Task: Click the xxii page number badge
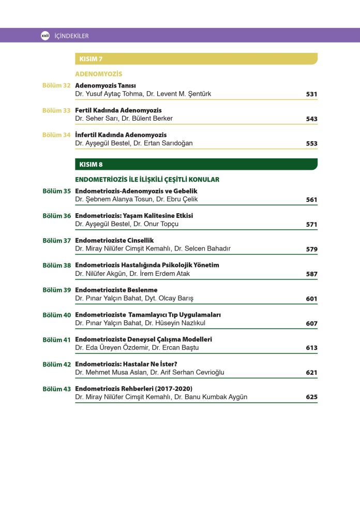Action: point(44,36)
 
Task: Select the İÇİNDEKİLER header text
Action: point(71,36)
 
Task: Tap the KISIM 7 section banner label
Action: point(91,59)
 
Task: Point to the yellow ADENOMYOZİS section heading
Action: point(99,74)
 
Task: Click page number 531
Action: point(311,94)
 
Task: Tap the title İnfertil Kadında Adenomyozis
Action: point(121,135)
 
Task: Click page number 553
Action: point(311,144)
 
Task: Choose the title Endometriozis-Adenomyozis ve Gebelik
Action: point(137,191)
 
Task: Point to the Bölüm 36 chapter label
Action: point(56,216)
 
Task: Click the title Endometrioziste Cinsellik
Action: point(114,241)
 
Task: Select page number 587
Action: point(311,274)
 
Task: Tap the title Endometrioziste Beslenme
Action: point(116,290)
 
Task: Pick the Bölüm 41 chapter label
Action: point(56,340)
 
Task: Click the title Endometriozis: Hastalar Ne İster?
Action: point(127,364)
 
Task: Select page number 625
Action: point(311,397)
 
